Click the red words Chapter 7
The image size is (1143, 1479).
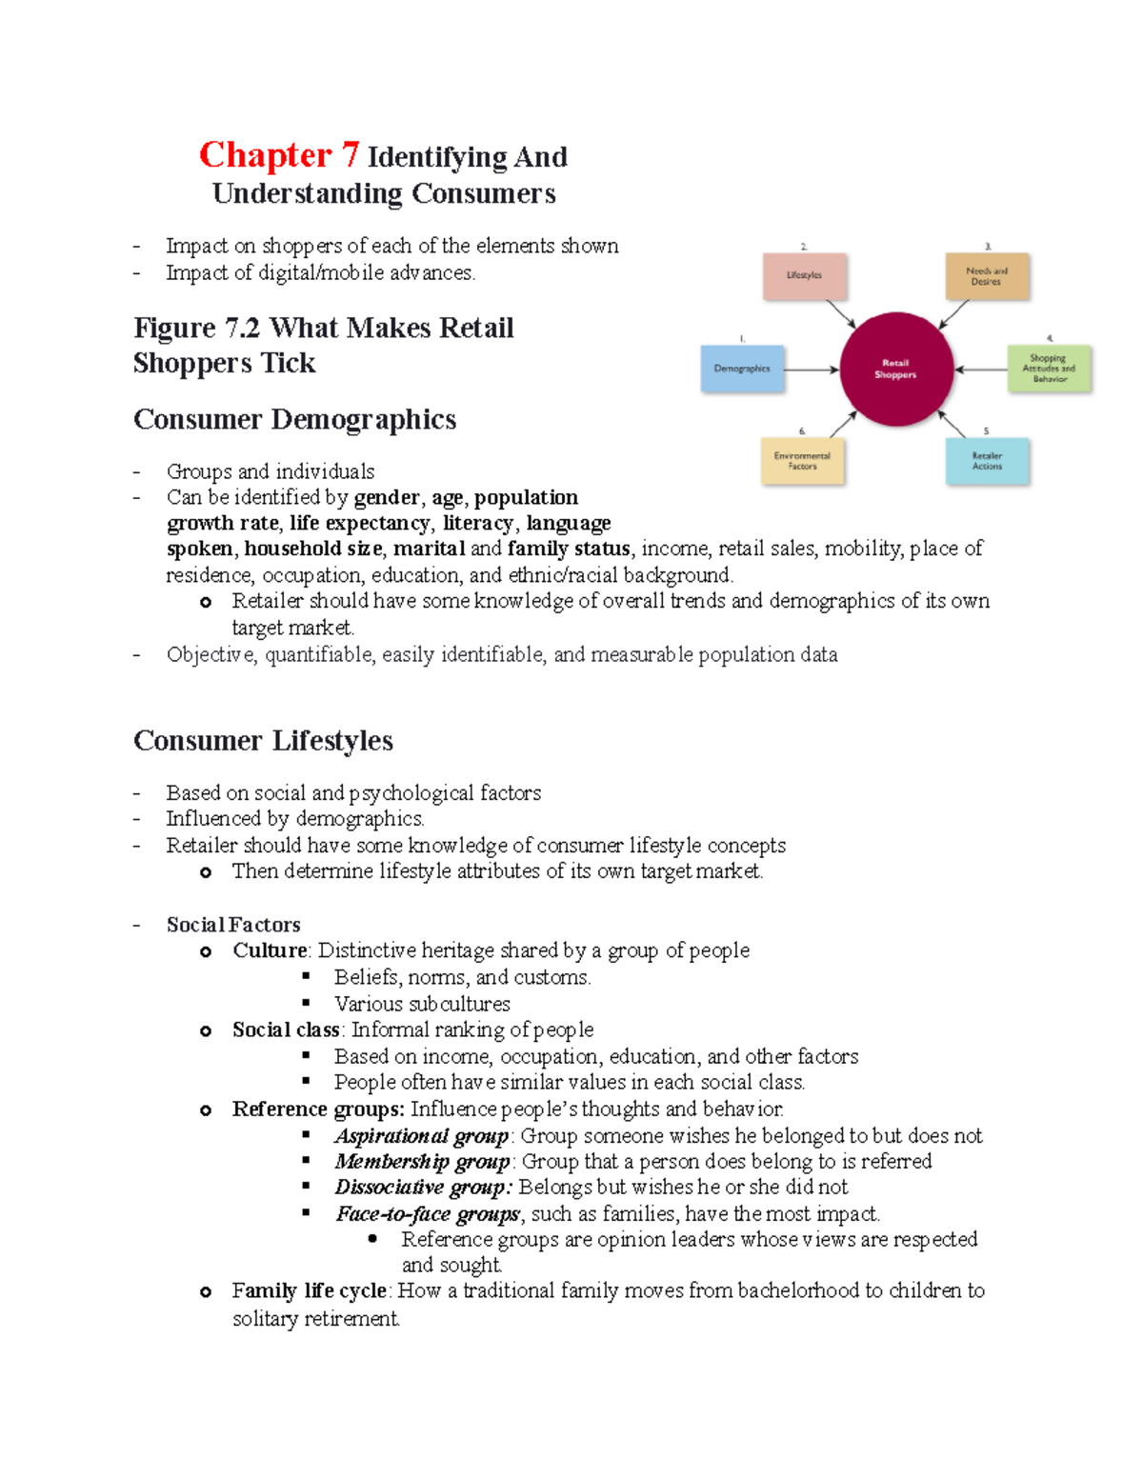click(x=279, y=155)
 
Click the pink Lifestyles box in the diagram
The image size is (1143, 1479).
click(x=805, y=276)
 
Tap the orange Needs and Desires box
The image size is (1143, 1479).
click(x=987, y=276)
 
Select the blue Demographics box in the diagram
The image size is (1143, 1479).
click(x=743, y=369)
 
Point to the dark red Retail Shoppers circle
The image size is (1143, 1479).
click(x=895, y=369)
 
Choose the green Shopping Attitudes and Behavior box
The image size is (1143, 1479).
click(x=1049, y=369)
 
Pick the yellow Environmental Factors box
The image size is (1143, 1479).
click(x=803, y=461)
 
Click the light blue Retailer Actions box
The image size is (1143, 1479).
click(x=987, y=461)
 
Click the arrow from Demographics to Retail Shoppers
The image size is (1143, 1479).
click(x=812, y=370)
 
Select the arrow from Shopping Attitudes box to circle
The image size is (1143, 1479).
click(x=981, y=370)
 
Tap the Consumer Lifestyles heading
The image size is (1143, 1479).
click(x=263, y=741)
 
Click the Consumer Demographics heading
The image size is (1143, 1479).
click(x=294, y=420)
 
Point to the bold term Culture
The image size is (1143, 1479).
click(x=270, y=950)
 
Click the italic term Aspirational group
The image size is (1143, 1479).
click(x=422, y=1136)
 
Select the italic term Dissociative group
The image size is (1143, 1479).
click(x=423, y=1188)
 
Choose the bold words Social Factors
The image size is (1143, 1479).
click(x=233, y=925)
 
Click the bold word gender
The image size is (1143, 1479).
click(x=387, y=498)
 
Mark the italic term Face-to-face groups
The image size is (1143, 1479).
click(x=428, y=1214)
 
